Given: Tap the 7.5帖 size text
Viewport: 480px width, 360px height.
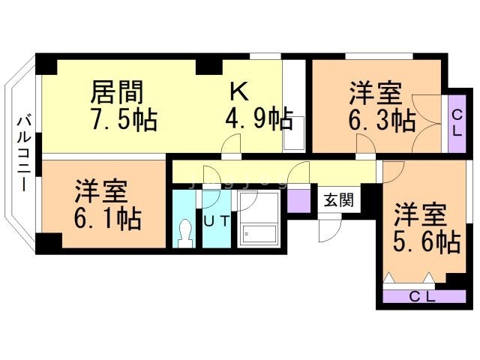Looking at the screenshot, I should [x=124, y=118].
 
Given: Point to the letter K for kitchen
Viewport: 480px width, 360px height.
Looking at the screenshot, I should [x=238, y=91].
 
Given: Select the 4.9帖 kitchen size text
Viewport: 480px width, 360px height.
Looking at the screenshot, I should [x=259, y=118].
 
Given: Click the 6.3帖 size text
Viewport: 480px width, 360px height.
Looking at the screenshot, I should [x=381, y=119].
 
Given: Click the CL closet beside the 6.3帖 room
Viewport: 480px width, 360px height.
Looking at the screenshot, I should [x=455, y=120].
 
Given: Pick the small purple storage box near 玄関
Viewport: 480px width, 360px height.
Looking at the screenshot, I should [x=299, y=199].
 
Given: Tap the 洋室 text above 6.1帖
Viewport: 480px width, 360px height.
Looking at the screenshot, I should [x=100, y=192].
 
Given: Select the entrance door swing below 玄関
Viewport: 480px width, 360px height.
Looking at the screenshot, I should [x=330, y=229].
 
